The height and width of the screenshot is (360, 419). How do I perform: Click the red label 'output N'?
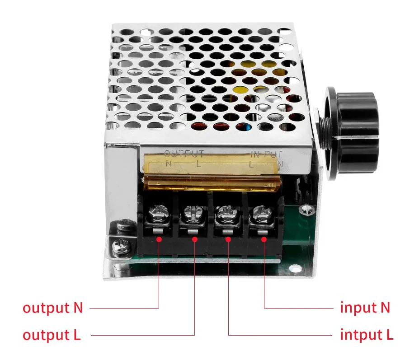click(53, 308)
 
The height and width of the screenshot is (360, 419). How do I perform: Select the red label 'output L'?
click(52, 335)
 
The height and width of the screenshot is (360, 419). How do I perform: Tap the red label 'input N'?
click(365, 308)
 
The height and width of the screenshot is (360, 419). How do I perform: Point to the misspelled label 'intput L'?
click(367, 335)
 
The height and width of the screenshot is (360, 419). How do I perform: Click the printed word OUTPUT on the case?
click(184, 154)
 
